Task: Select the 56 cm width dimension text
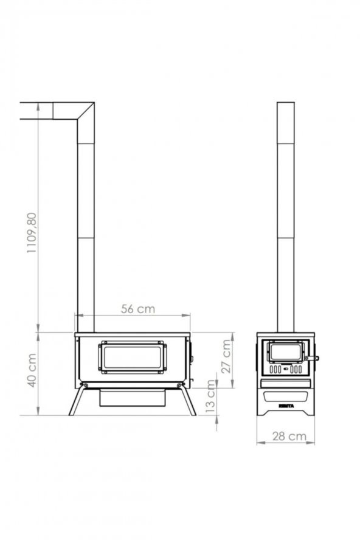click(137, 309)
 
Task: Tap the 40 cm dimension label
click(32, 369)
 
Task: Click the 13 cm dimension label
click(210, 397)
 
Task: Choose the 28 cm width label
click(289, 436)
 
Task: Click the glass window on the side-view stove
click(133, 357)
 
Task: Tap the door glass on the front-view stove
click(285, 351)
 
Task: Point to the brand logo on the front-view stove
click(286, 404)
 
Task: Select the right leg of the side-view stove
click(187, 401)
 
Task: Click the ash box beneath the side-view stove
click(133, 398)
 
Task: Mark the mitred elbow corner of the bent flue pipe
click(85, 111)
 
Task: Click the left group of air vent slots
click(275, 369)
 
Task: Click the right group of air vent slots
click(296, 369)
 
